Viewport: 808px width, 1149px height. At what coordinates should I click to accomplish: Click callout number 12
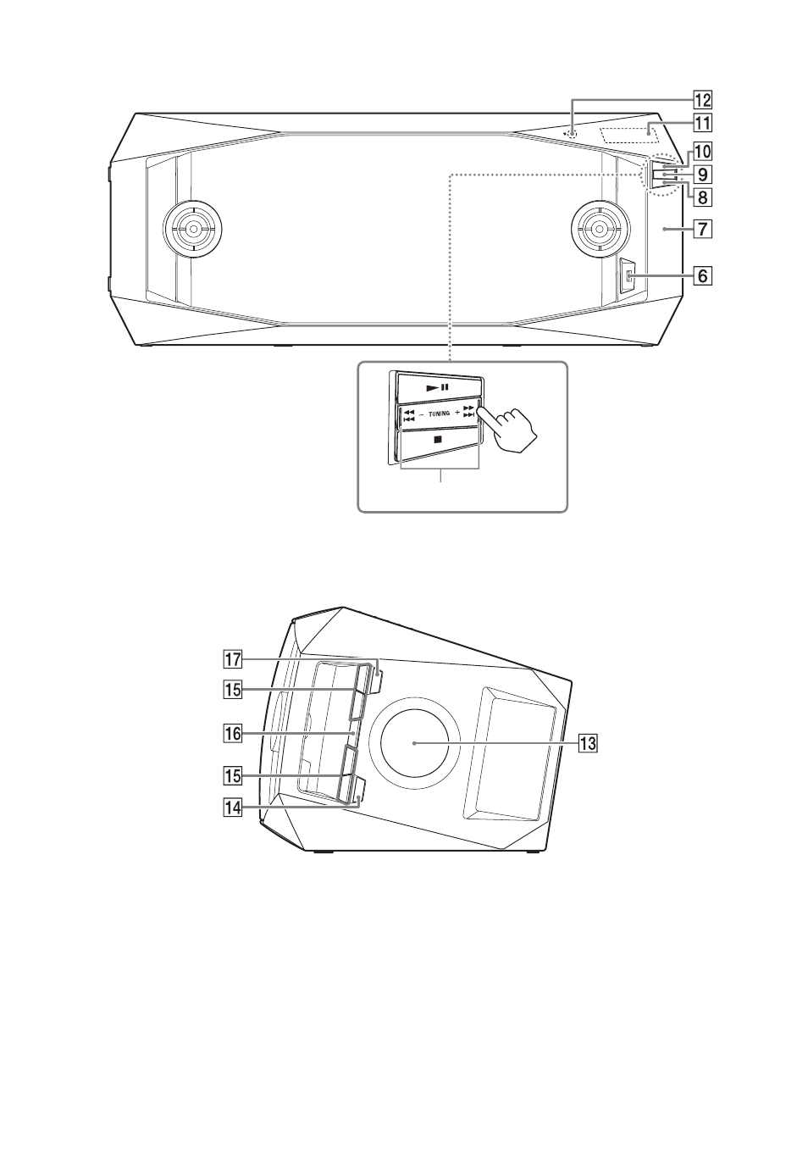703,100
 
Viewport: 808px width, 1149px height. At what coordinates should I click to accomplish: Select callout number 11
703,124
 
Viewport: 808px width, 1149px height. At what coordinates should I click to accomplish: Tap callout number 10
703,152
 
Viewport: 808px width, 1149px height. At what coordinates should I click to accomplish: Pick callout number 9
703,175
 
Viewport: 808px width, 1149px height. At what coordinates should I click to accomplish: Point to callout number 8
703,197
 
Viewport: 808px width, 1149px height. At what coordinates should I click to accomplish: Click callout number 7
703,229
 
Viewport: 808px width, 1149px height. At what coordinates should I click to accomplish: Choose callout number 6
703,276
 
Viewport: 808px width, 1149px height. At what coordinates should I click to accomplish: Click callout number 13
589,743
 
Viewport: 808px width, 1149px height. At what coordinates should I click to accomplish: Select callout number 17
233,659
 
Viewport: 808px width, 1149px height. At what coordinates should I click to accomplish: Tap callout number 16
233,734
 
